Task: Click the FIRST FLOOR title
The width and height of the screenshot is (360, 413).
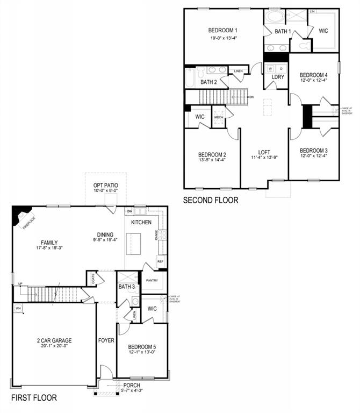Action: (x=34, y=398)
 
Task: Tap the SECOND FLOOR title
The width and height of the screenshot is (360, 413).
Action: (x=211, y=201)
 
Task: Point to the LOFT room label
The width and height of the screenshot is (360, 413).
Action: (x=264, y=152)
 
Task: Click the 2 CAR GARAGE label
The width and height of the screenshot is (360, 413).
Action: (x=54, y=340)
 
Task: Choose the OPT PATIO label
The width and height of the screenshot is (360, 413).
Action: (x=105, y=186)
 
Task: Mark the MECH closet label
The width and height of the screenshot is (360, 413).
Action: (x=219, y=117)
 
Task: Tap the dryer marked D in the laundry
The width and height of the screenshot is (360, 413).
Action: (x=280, y=69)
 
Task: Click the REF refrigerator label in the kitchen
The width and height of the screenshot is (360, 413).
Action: (x=160, y=261)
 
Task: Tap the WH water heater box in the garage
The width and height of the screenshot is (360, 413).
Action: (x=18, y=309)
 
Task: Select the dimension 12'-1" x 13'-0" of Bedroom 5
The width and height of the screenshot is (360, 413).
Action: (x=142, y=352)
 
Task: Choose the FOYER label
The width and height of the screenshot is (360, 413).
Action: (x=106, y=340)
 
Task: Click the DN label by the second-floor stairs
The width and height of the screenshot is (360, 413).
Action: (x=251, y=97)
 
